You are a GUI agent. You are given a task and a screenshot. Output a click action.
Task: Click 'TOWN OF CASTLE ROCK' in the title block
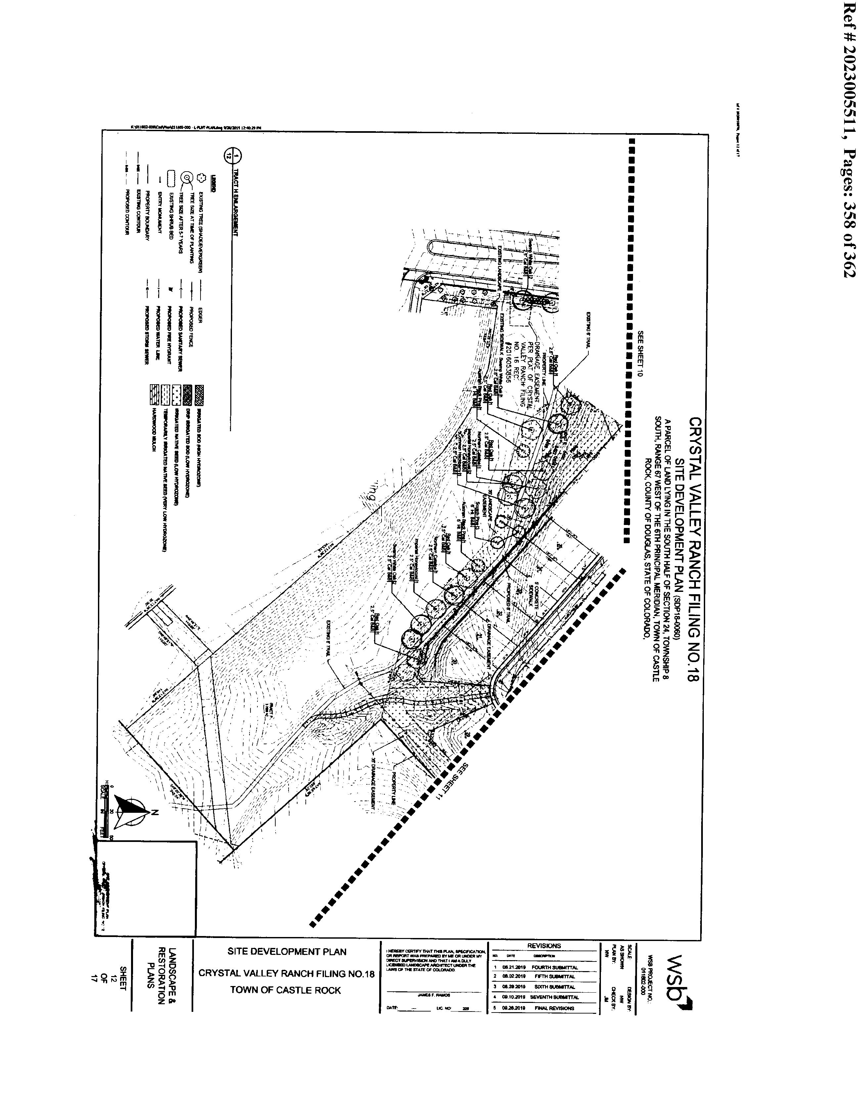coord(286,990)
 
